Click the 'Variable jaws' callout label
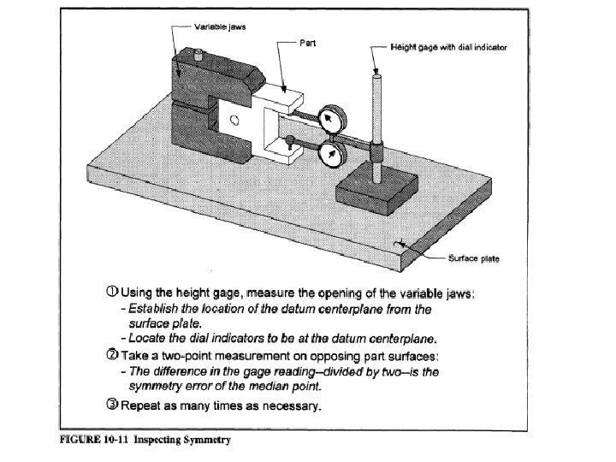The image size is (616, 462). [222, 27]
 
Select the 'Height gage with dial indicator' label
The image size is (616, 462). [448, 47]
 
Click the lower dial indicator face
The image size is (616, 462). [329, 154]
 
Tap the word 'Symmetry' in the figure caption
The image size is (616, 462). [205, 441]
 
